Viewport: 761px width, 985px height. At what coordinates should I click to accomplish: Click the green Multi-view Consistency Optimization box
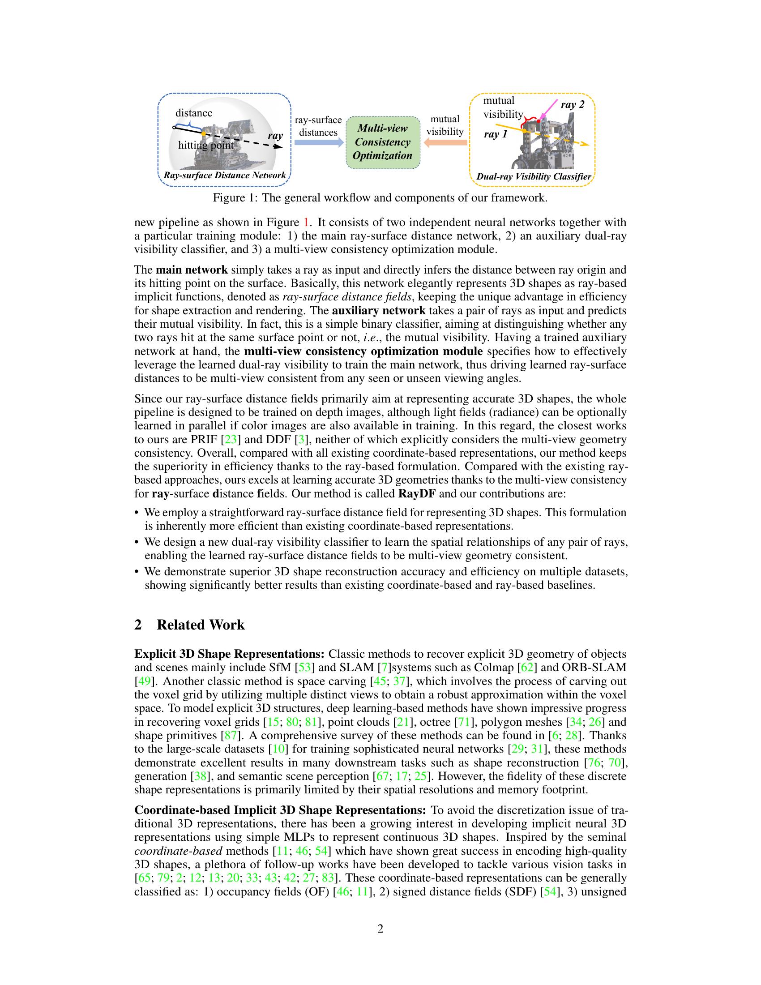coord(382,141)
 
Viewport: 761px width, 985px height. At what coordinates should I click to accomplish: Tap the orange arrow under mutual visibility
coord(445,142)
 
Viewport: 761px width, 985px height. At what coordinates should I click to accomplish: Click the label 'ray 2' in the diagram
coord(572,105)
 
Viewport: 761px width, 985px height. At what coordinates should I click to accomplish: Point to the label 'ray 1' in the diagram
coord(496,134)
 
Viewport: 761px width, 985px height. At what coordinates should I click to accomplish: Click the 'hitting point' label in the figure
coord(206,145)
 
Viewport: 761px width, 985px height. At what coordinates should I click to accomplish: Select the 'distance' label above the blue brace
coord(194,113)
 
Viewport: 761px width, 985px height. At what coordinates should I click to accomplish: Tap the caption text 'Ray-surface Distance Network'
coord(225,176)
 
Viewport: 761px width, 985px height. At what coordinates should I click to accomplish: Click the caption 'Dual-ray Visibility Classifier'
coord(533,176)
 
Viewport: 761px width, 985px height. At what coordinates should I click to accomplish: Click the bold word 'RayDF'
coord(417,493)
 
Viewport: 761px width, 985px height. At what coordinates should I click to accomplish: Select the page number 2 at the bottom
coord(380,929)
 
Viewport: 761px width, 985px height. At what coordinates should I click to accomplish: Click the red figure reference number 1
coord(307,223)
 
